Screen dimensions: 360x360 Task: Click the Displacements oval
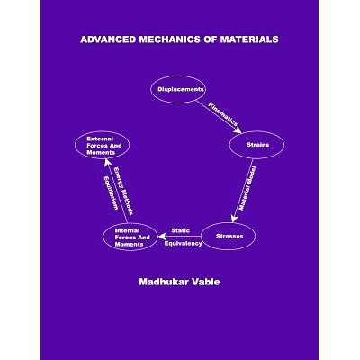click(x=180, y=89)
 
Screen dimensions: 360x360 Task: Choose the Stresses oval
click(x=229, y=236)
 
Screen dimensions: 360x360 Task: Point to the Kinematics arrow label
click(x=222, y=114)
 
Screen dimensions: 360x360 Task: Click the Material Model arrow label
click(x=249, y=189)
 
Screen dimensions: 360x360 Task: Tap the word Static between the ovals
click(x=181, y=230)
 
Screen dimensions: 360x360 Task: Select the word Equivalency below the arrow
click(x=184, y=244)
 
